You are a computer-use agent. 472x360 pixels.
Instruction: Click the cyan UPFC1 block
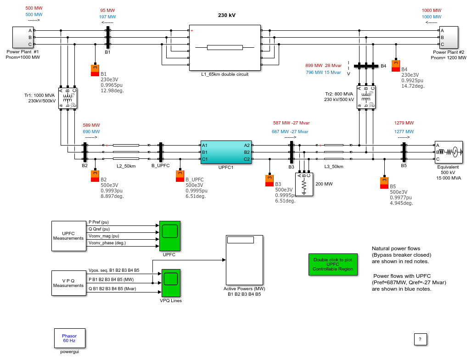point(226,152)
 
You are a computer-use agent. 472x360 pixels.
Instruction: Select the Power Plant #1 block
point(23,37)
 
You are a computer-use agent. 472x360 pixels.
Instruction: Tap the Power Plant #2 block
point(449,37)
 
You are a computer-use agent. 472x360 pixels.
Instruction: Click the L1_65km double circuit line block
point(225,48)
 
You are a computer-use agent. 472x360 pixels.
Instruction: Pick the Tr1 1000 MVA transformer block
point(68,98)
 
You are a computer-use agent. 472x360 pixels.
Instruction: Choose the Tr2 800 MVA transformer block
point(366,97)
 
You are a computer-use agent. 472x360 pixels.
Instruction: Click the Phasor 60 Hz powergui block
point(69,338)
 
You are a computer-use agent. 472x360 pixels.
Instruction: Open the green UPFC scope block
point(170,236)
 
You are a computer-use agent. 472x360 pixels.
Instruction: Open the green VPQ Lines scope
point(171,283)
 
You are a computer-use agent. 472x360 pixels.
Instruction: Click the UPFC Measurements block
point(68,236)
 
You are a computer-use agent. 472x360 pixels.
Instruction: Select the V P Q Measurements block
point(68,283)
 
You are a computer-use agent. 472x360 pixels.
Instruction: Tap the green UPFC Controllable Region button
point(333,264)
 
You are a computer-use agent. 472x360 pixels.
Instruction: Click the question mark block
point(420,339)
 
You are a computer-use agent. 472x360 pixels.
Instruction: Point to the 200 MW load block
point(304,184)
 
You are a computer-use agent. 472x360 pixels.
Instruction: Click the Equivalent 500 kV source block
point(449,152)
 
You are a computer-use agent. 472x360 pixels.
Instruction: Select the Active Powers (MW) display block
point(244,260)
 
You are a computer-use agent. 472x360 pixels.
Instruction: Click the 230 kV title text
point(227,15)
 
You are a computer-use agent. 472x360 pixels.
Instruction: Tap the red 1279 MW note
point(404,123)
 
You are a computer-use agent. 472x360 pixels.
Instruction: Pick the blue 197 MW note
point(107,17)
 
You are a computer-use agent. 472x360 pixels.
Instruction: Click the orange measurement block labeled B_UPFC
point(180,176)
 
